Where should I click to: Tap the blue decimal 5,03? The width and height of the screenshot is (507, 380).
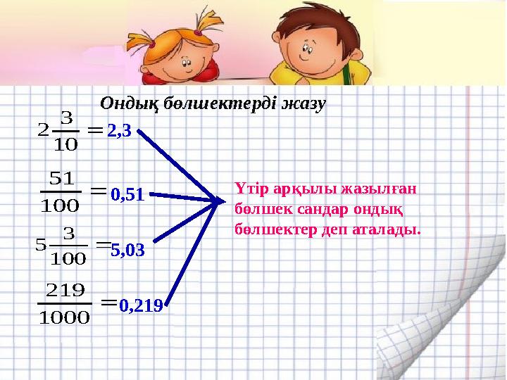[127, 248]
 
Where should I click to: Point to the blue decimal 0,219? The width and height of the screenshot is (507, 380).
[141, 305]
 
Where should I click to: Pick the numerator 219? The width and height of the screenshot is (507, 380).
[65, 290]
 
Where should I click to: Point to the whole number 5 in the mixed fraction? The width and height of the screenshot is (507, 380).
[39, 245]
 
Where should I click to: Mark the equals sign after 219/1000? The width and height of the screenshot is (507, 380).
[108, 303]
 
